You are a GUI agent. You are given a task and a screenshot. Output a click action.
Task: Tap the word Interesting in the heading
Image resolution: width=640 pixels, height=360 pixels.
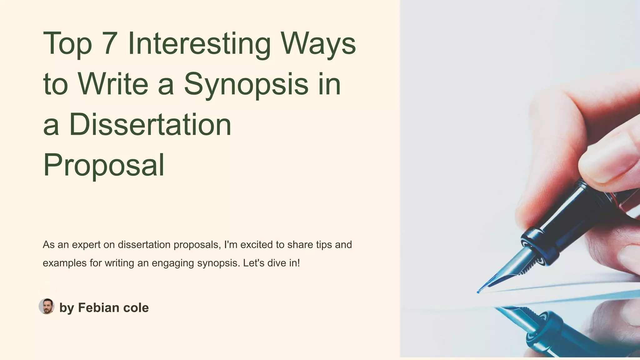click(x=199, y=44)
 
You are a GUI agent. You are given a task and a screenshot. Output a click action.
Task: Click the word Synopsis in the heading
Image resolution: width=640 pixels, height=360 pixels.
click(x=246, y=84)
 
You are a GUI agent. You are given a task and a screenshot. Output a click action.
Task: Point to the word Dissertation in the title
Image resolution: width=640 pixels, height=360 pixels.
click(x=150, y=124)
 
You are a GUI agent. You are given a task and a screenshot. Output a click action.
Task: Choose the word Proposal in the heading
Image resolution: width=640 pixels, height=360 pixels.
click(x=103, y=165)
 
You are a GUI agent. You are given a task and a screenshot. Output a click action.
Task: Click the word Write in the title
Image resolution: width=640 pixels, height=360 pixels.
click(x=113, y=84)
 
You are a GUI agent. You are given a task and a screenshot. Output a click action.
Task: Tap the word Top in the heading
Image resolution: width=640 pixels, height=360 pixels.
click(x=67, y=44)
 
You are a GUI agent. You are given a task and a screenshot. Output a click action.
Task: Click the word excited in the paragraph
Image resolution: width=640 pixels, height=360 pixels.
click(x=257, y=245)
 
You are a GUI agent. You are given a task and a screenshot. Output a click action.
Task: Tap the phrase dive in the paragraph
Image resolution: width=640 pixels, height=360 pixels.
click(x=277, y=263)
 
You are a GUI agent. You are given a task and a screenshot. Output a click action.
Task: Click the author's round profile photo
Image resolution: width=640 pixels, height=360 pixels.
click(x=47, y=306)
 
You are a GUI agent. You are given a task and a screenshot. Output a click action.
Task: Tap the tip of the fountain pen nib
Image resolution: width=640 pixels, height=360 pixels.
click(x=478, y=292)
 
